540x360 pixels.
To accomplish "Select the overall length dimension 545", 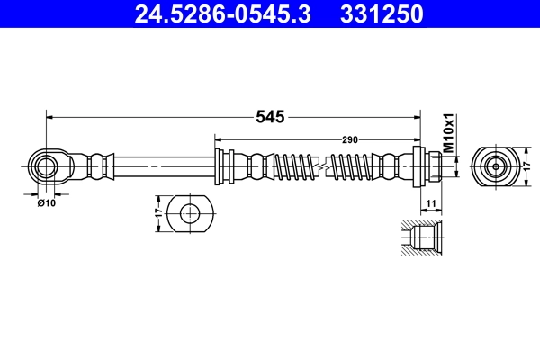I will pos(270,116).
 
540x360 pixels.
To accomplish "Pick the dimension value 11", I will pos(431,204).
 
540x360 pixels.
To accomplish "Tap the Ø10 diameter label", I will pos(46,203).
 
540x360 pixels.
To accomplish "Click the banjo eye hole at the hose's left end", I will pos(45,166).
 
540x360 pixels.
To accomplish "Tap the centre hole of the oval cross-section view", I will pos(190,214).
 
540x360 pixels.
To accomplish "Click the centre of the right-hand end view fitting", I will pos(494,166).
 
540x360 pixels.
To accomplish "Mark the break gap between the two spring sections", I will pos(323,166).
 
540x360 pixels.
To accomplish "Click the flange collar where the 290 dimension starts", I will pos(219,166).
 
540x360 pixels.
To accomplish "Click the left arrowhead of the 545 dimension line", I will pos(49,117).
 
